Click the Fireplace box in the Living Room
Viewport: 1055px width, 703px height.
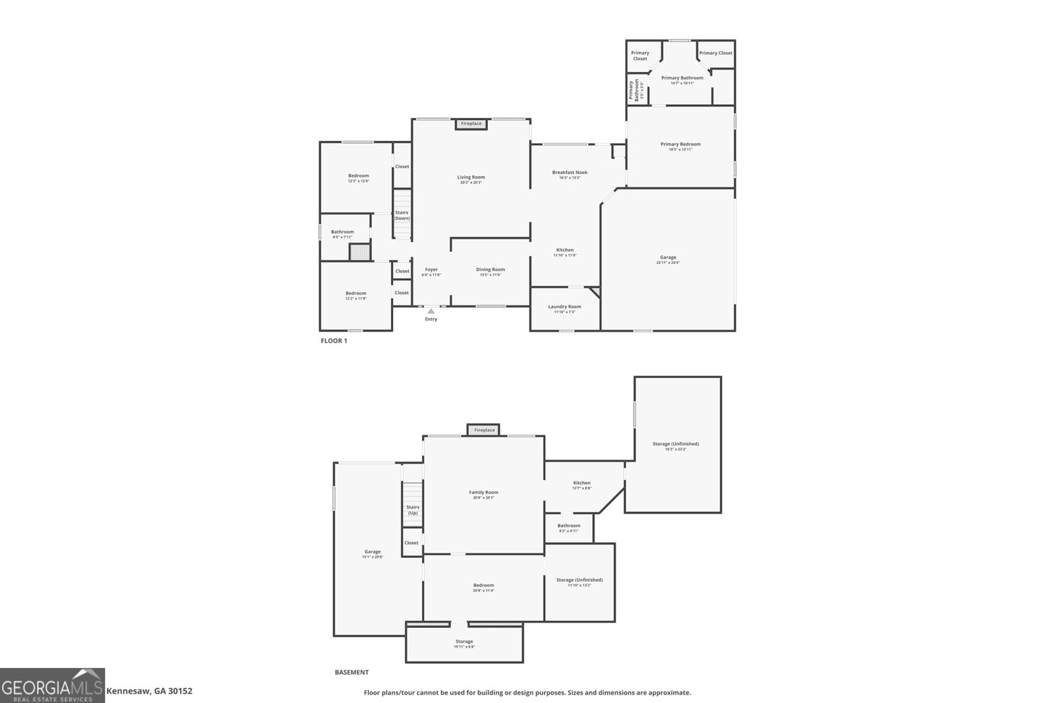pyautogui.click(x=471, y=124)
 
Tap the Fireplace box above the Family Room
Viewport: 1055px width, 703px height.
pyautogui.click(x=484, y=430)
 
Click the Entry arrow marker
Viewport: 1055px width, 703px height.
pyautogui.click(x=431, y=311)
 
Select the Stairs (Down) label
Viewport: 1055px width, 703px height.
pyautogui.click(x=402, y=216)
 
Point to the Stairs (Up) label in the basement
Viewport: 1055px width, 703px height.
pyautogui.click(x=412, y=510)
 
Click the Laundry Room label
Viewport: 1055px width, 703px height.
pyautogui.click(x=564, y=307)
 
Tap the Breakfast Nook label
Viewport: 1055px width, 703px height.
pyautogui.click(x=570, y=172)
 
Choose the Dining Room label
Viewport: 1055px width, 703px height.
pyautogui.click(x=491, y=269)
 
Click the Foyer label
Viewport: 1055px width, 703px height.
pyautogui.click(x=431, y=269)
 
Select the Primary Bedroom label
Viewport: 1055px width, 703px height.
pyautogui.click(x=680, y=144)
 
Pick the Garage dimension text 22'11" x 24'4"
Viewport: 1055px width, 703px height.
pyautogui.click(x=668, y=262)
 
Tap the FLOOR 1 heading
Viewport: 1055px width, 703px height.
pyautogui.click(x=334, y=341)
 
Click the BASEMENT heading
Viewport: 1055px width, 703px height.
pyautogui.click(x=351, y=673)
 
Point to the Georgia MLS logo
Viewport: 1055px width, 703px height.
pyautogui.click(x=52, y=685)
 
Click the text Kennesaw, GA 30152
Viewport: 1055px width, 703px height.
pyautogui.click(x=150, y=691)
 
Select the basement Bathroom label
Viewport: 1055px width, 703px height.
pyautogui.click(x=569, y=526)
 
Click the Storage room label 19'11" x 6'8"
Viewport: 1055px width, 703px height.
pyautogui.click(x=464, y=646)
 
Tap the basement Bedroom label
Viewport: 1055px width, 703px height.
pyautogui.click(x=483, y=585)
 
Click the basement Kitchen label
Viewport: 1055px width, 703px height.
pyautogui.click(x=582, y=483)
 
